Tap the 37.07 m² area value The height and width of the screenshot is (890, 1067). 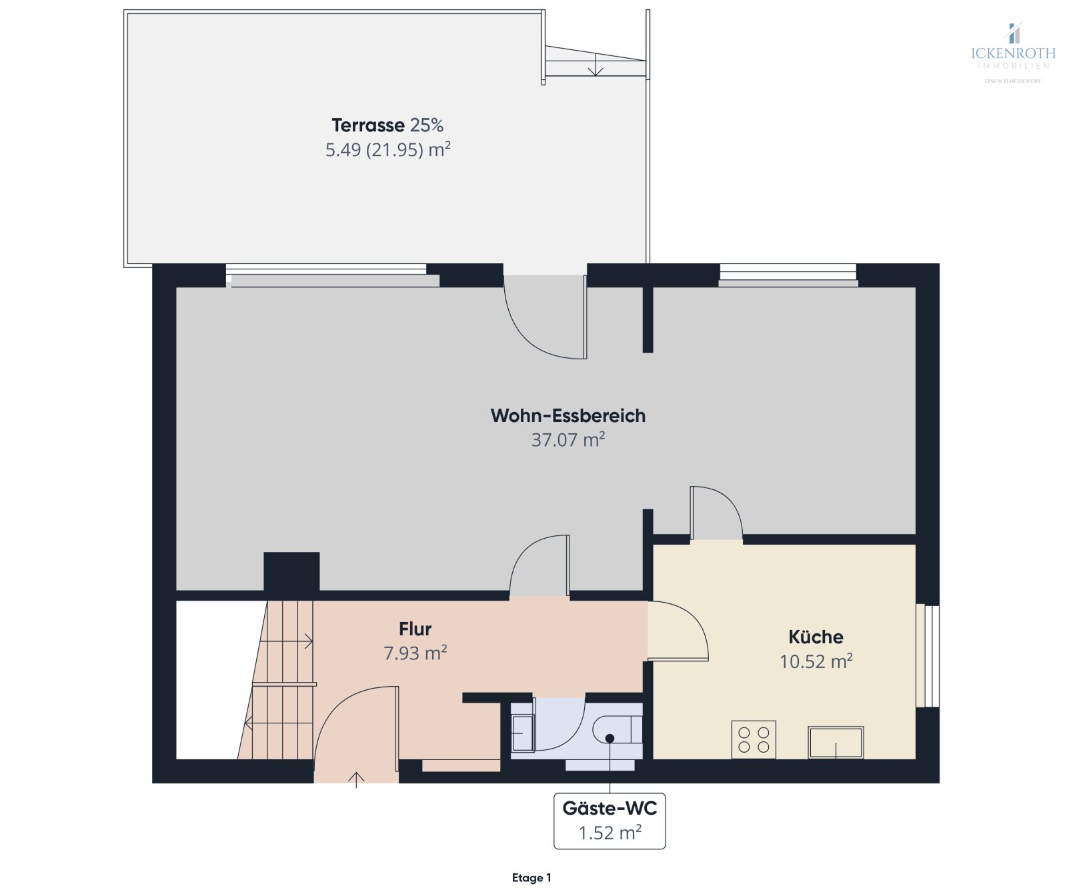(568, 440)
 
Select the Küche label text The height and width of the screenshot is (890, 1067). (816, 637)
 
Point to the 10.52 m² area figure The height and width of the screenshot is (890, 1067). (816, 661)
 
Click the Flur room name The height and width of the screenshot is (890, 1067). (415, 629)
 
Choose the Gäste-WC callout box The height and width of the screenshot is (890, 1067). (610, 821)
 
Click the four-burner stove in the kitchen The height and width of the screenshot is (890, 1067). (754, 739)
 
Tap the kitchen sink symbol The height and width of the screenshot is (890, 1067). (836, 742)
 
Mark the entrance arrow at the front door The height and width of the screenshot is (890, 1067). (356, 779)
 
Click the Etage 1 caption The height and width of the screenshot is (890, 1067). (531, 877)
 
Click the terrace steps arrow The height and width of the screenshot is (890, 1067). (596, 65)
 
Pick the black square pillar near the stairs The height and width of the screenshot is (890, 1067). (291, 571)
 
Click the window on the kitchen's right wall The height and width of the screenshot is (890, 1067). (928, 655)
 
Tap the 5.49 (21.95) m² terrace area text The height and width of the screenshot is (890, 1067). (387, 150)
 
